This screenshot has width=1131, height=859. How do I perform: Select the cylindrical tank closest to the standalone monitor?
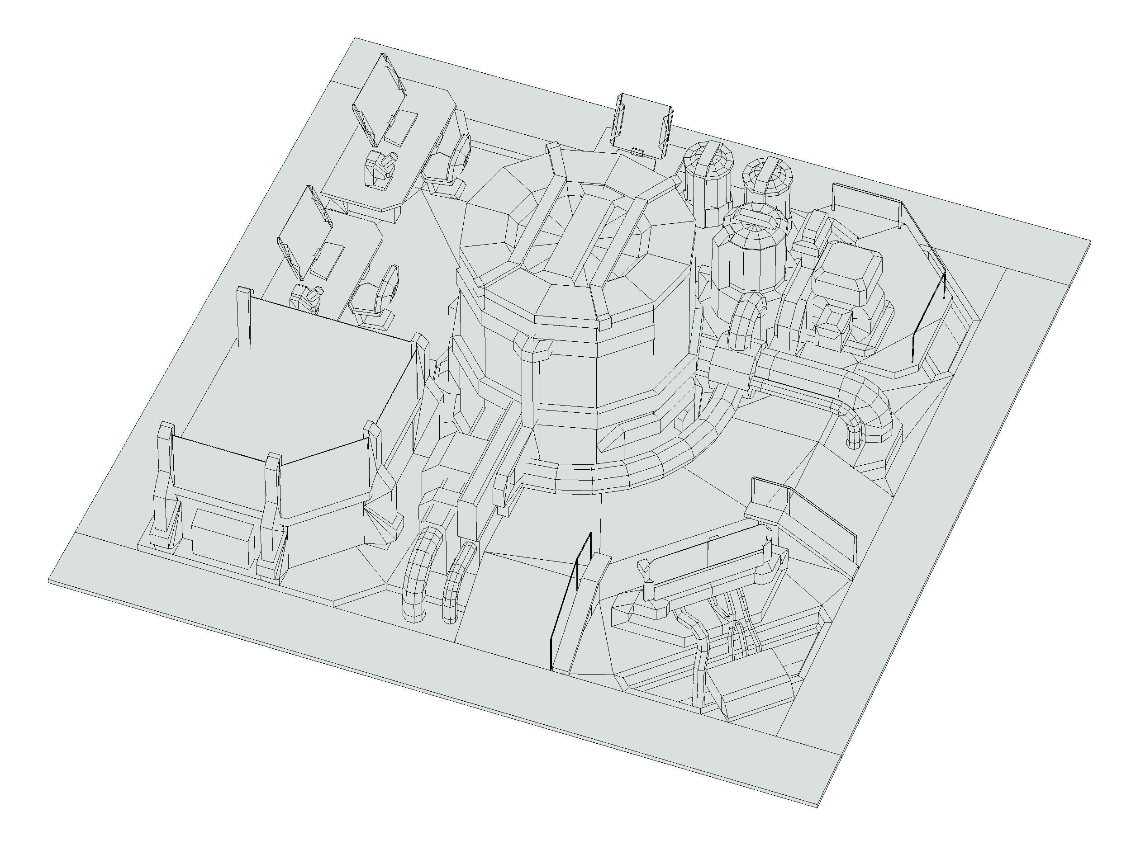(x=707, y=181)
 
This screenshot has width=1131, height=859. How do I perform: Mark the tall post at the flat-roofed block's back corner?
(x=244, y=317)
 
